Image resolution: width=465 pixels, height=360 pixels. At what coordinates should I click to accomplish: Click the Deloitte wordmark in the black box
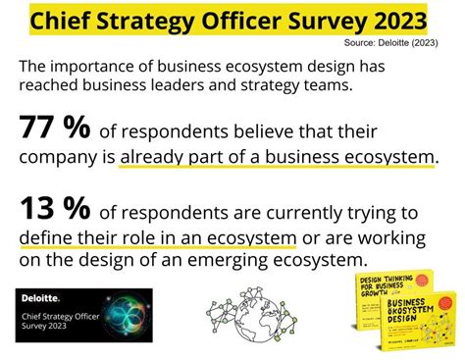pyautogui.click(x=38, y=296)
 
